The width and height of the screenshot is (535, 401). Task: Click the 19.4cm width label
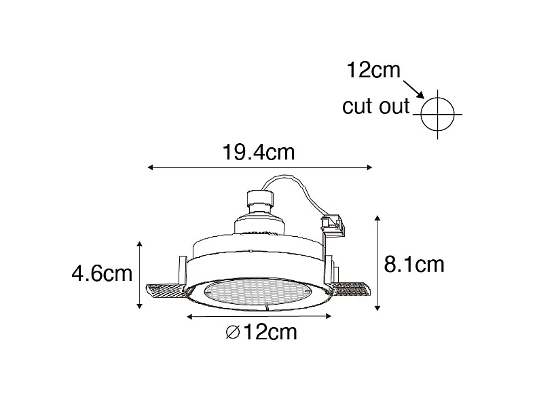259,152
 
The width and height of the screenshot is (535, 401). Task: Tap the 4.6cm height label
102,273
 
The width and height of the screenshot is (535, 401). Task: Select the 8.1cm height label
413,263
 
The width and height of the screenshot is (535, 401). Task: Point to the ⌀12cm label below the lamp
261,332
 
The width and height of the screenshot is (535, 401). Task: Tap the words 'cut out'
375,107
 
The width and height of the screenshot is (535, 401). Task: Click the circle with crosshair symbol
437,113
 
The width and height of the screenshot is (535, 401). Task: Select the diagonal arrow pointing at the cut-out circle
413,88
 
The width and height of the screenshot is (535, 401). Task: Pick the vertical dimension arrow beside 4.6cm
140,274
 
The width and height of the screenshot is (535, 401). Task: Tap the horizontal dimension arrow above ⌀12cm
259,316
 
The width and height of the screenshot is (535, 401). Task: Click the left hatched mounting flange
163,292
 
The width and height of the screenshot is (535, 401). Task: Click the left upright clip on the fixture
182,269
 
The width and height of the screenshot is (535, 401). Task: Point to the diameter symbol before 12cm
231,332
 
